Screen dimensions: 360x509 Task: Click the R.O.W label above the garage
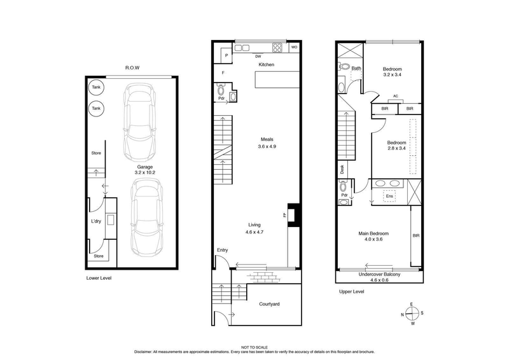pos(132,67)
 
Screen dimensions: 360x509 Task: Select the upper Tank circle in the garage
pos(96,88)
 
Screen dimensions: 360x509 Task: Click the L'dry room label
pos(96,221)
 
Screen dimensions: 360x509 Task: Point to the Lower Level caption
pos(99,278)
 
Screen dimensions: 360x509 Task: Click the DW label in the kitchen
pos(258,56)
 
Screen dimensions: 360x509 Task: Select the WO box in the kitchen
pos(294,47)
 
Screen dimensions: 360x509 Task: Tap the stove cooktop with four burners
pos(277,46)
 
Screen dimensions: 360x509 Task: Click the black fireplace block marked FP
pos(292,213)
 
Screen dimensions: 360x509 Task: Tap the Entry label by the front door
pos(222,249)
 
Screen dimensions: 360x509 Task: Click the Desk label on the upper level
pos(342,169)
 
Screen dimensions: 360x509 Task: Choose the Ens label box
pos(389,197)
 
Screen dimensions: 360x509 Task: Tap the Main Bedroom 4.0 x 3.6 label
pos(374,237)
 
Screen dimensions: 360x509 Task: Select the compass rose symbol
pos(412,314)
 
